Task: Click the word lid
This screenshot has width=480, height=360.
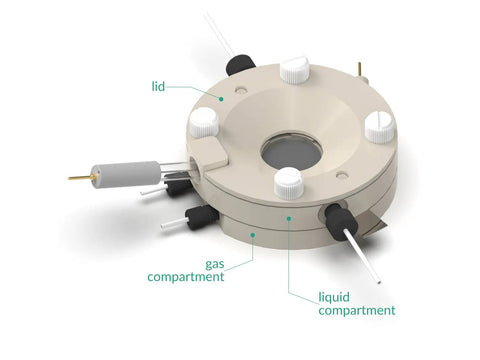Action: tap(158, 87)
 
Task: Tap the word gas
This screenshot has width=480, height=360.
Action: tap(215, 265)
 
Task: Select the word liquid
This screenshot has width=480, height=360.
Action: tap(334, 298)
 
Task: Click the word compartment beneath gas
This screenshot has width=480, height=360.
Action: tap(186, 277)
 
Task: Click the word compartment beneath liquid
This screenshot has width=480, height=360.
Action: tap(357, 310)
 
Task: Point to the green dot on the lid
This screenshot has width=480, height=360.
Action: tap(221, 99)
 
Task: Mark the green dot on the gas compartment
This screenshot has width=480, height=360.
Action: tap(253, 235)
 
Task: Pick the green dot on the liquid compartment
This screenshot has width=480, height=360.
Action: tap(289, 218)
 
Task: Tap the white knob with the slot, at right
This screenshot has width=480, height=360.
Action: tap(379, 128)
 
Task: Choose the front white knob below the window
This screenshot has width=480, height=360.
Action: tap(289, 183)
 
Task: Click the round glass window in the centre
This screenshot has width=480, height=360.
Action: tap(291, 152)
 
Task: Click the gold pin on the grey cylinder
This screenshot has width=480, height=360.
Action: tap(80, 177)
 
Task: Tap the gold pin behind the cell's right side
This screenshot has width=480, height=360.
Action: tap(360, 69)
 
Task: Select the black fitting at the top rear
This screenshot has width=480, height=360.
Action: tap(241, 65)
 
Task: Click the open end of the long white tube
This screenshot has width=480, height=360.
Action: tap(379, 282)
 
